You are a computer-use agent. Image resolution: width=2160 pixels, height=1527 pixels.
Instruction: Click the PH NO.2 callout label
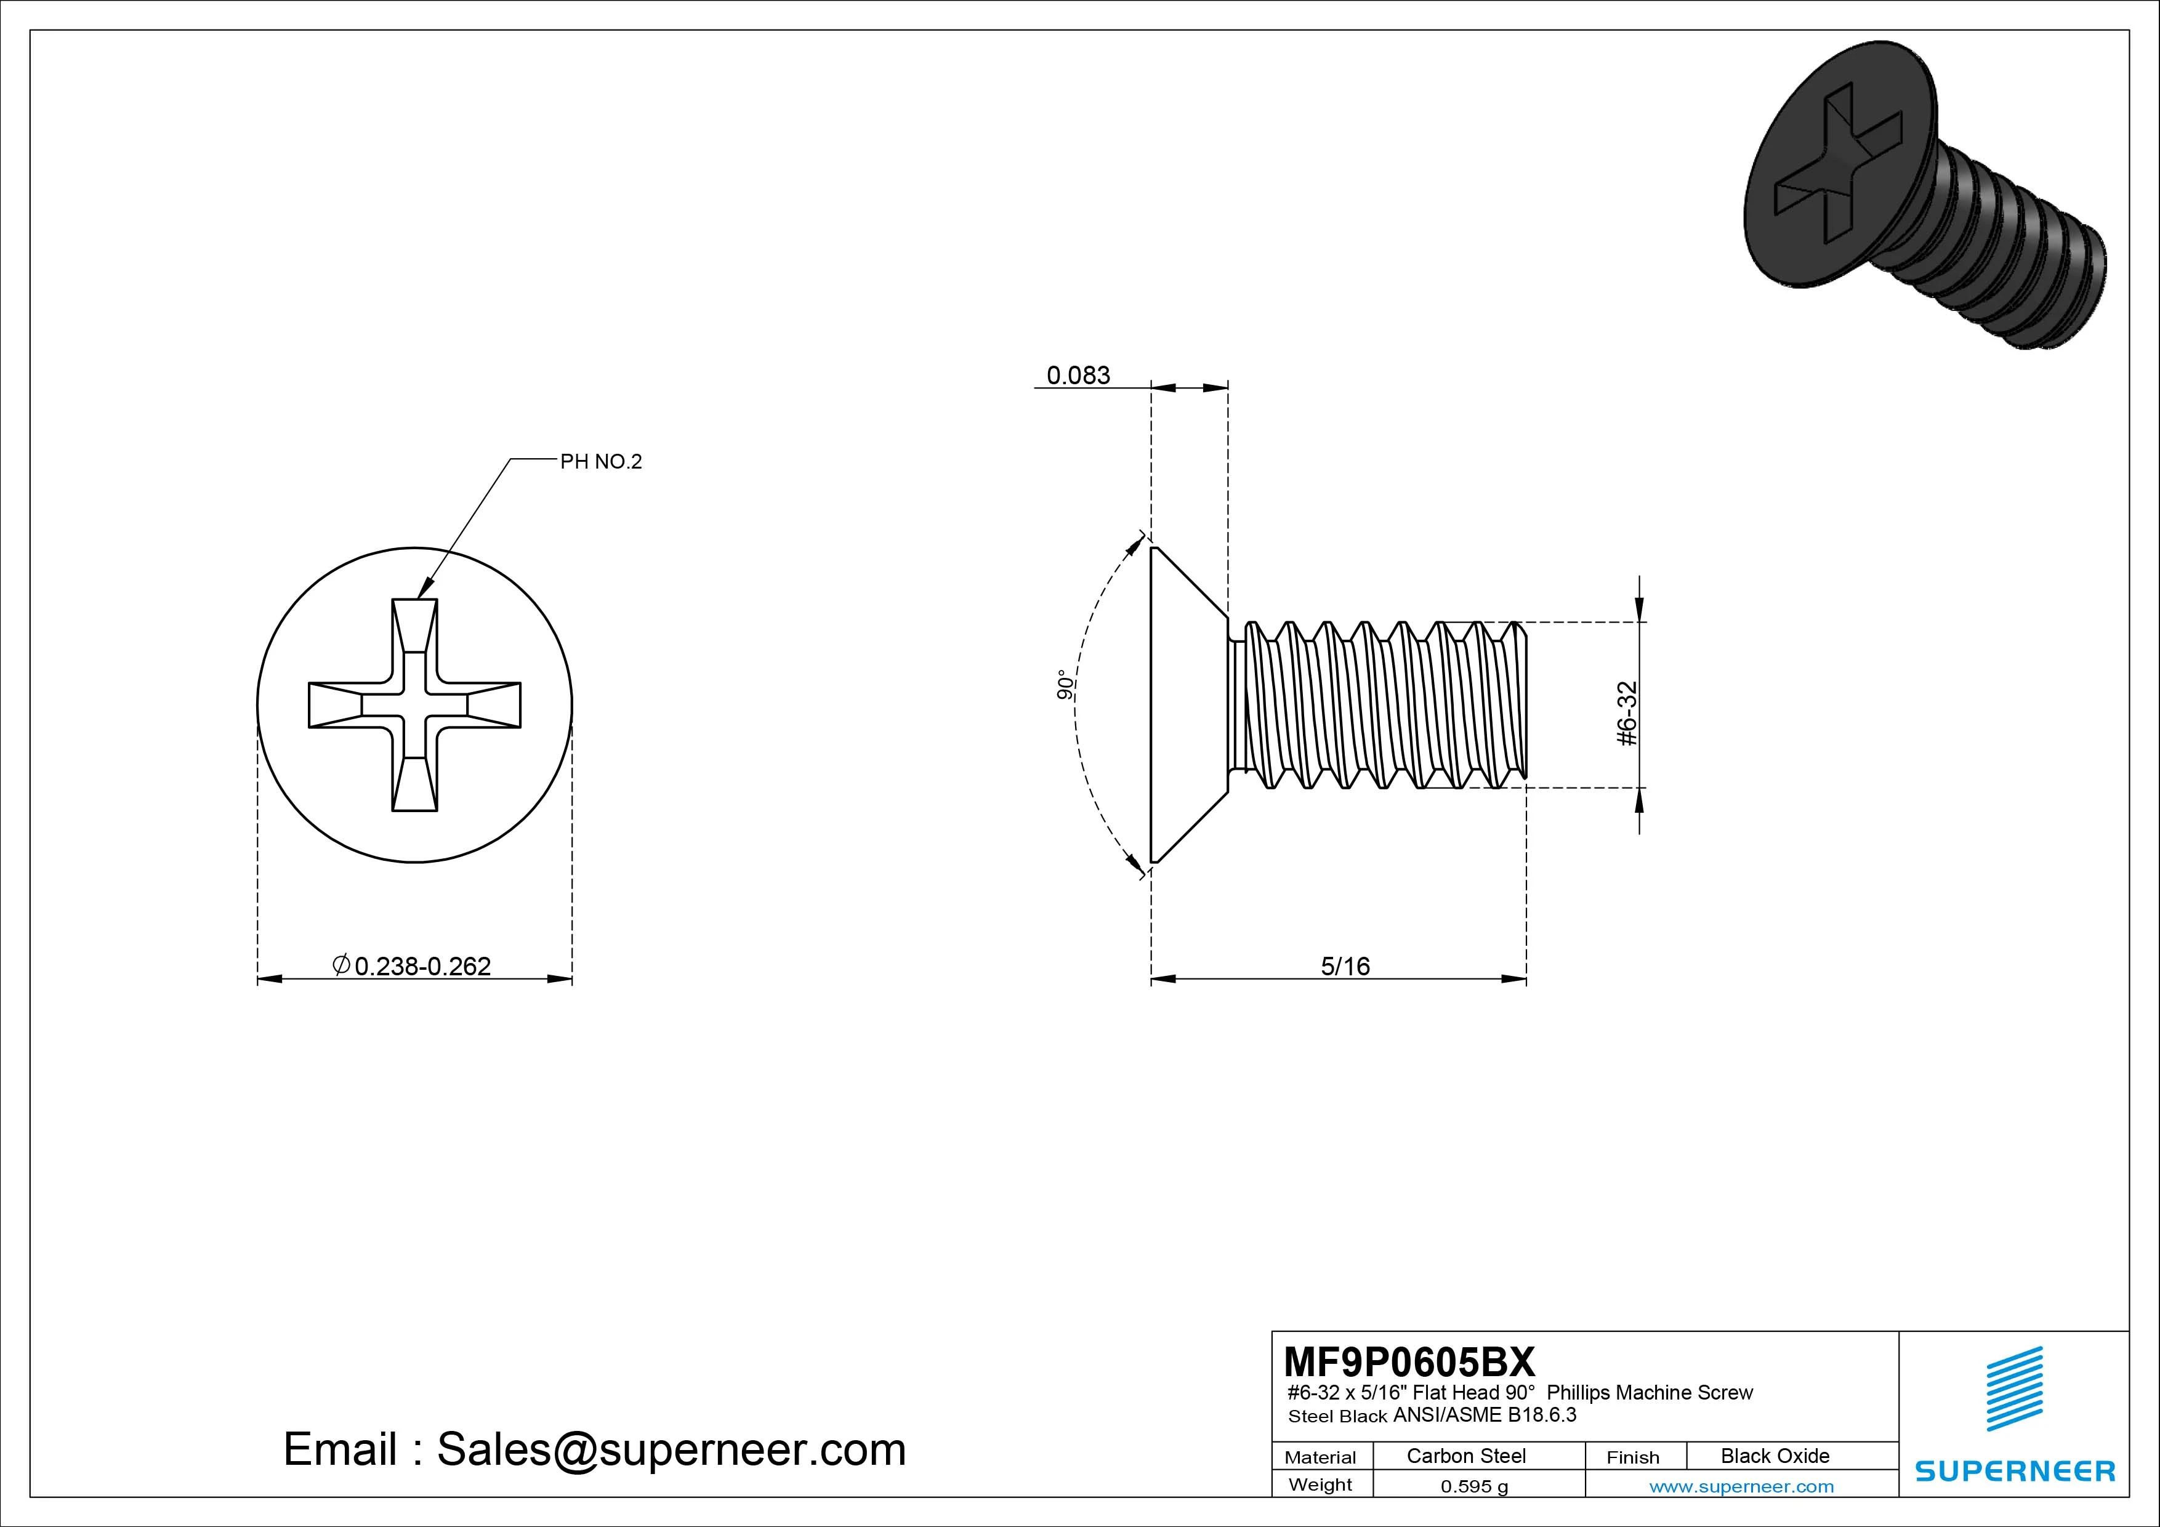click(600, 462)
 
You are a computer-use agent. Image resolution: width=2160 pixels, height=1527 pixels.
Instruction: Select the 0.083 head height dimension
click(1078, 376)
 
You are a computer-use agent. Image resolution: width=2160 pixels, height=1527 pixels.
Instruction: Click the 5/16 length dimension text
click(1345, 966)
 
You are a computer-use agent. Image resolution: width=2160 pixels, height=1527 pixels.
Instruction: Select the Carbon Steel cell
click(1465, 1456)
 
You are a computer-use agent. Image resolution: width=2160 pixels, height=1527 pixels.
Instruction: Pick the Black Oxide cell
click(1775, 1456)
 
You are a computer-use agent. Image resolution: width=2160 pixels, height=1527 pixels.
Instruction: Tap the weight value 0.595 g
click(1474, 1486)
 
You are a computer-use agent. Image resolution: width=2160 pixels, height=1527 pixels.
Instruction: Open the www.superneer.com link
click(1741, 1486)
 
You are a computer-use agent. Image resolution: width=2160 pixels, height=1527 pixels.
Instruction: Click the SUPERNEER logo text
click(2014, 1470)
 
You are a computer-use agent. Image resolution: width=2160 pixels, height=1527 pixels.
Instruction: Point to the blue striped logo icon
click(2014, 1388)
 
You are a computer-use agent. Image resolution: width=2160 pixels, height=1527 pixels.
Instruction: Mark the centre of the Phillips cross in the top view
click(415, 704)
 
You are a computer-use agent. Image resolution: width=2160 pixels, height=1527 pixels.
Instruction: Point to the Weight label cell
click(1320, 1485)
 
